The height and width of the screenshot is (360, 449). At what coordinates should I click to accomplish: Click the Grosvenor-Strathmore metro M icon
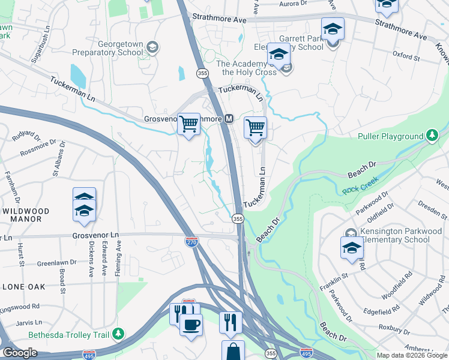(x=229, y=119)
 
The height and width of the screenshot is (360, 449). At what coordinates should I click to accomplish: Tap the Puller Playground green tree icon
(x=432, y=136)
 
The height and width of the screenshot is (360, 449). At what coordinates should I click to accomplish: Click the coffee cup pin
(x=191, y=324)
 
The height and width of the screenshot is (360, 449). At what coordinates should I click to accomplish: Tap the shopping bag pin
(x=232, y=351)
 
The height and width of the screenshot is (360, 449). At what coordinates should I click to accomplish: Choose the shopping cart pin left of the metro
(x=189, y=125)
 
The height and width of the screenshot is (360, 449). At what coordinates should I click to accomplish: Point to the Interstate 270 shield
(x=191, y=241)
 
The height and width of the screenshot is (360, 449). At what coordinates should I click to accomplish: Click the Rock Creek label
(x=359, y=191)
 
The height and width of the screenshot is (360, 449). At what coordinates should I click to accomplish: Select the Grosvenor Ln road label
(x=97, y=237)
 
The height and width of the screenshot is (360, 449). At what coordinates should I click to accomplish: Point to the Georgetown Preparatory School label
(x=108, y=48)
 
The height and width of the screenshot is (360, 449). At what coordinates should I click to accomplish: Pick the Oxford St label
(x=406, y=57)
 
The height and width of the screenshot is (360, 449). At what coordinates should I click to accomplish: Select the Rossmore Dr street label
(x=37, y=148)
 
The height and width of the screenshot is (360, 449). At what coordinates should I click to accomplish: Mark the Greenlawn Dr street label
(x=57, y=262)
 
